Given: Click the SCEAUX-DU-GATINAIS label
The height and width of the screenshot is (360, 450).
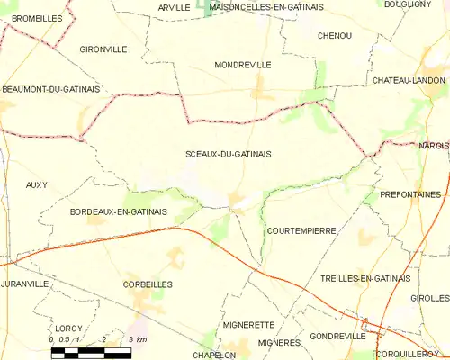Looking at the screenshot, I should click(228, 154).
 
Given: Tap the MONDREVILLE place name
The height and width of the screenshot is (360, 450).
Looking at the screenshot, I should click(243, 66).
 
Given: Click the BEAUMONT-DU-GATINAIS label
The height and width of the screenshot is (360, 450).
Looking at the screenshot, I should click(50, 89).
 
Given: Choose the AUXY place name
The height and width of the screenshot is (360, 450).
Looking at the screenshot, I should click(37, 184).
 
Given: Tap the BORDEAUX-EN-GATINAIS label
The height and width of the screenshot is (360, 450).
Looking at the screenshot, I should click(118, 211).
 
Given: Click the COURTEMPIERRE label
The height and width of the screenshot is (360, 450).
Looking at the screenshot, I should click(301, 230).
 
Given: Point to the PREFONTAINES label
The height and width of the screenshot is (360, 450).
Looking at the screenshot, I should click(410, 193).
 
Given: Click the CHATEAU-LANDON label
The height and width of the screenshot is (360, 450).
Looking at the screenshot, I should click(409, 80).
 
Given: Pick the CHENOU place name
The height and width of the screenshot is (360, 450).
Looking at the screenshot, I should click(335, 35).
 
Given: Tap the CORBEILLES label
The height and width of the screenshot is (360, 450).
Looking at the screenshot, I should click(148, 283).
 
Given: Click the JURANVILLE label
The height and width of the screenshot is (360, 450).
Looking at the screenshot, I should click(24, 283).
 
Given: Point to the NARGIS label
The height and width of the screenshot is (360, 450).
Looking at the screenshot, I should click(433, 146).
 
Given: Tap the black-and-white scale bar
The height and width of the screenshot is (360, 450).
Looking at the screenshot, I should click(91, 352).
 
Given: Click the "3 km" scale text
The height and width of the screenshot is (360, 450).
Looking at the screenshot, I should click(138, 339).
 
